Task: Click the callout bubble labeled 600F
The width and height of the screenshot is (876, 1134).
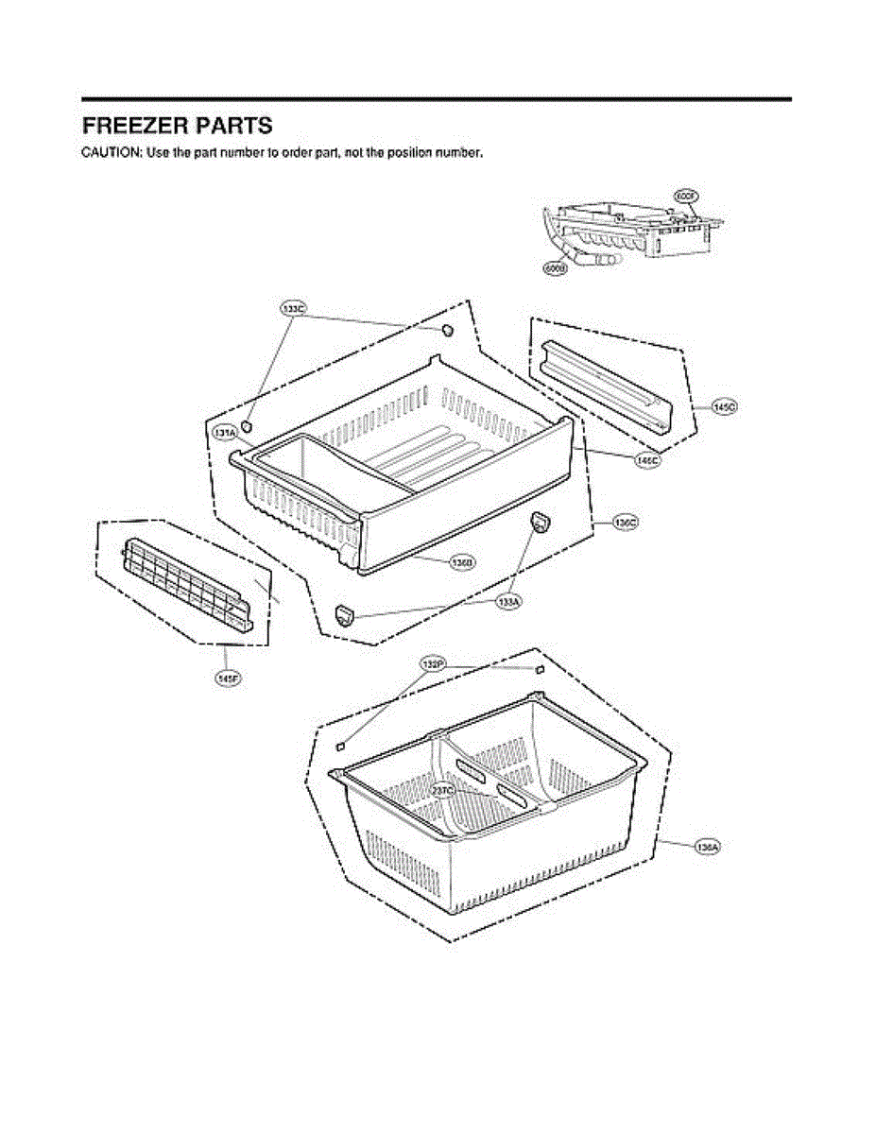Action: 686,196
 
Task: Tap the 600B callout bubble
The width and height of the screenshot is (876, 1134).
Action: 555,268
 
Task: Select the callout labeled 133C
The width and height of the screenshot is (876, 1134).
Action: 293,308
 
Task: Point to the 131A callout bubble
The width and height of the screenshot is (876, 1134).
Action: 225,433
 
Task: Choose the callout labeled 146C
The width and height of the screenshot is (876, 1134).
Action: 647,460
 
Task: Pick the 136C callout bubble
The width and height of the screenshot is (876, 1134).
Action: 627,521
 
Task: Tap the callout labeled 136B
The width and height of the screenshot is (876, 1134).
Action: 462,562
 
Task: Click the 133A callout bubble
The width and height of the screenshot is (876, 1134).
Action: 509,602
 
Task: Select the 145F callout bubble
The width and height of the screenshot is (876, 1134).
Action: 226,678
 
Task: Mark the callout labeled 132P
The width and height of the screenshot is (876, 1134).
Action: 434,665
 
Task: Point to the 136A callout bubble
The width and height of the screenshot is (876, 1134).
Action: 708,847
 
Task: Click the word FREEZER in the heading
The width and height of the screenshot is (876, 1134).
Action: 131,126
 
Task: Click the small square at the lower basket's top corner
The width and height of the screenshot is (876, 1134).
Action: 540,669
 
